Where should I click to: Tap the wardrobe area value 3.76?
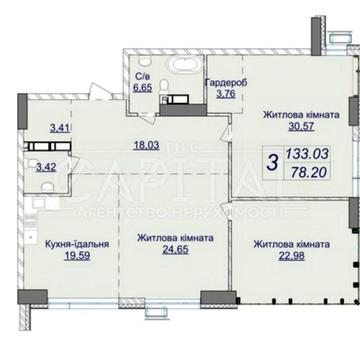tap(218, 96)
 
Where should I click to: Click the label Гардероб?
tap(222, 84)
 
